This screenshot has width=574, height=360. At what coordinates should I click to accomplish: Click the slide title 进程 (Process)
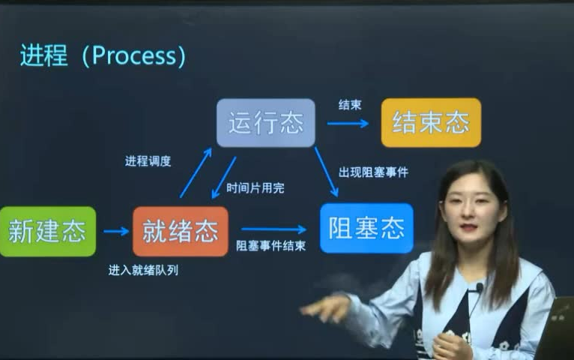pos(103,56)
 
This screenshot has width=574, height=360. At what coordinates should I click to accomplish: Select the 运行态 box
pos(265,122)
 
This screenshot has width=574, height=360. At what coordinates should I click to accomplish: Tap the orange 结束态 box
pos(431,122)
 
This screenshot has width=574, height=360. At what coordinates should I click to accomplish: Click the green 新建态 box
pos(47,231)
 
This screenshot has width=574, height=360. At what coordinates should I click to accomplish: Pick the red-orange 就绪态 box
pos(180,231)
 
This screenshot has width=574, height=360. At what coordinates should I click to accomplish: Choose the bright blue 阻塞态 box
pos(366,228)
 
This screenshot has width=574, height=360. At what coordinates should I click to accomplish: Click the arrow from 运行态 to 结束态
pos(348,123)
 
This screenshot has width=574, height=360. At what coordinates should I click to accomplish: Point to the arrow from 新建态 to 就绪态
pos(115,231)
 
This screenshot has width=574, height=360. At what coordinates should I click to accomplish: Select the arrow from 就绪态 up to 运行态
pos(196,173)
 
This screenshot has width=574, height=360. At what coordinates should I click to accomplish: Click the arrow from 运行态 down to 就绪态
pos(224,177)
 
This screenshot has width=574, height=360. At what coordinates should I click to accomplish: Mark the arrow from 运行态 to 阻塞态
pos(326,172)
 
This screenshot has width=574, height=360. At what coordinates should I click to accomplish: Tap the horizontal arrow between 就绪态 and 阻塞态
pos(274,229)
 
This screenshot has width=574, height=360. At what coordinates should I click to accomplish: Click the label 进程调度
pos(148,161)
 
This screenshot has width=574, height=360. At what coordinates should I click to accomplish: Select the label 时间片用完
pos(256,188)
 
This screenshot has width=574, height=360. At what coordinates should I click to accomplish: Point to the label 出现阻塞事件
pos(373,172)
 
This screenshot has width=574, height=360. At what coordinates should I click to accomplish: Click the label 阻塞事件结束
pos(271,245)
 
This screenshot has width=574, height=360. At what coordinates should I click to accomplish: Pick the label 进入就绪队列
pos(143,271)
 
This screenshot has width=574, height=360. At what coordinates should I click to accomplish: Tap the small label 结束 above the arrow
pos(349,105)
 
